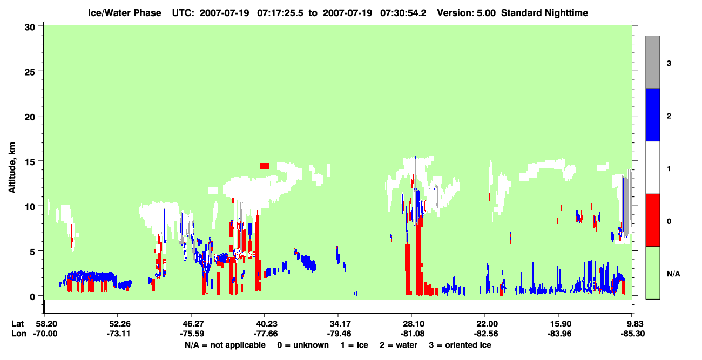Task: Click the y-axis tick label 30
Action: [30, 28]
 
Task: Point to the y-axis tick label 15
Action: [30, 162]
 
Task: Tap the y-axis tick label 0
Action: [32, 297]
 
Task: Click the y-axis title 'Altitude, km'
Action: [12, 168]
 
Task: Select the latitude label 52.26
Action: [118, 324]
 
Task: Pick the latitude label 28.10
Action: [412, 324]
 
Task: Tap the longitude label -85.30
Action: [633, 334]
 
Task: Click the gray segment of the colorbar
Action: [652, 62]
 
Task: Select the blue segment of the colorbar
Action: [652, 114]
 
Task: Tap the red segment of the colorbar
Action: [652, 220]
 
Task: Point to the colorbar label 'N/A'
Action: [673, 274]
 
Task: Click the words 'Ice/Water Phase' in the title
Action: [124, 13]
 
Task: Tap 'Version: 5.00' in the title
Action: [467, 13]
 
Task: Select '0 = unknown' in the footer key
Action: [303, 345]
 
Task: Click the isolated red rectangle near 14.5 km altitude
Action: [265, 166]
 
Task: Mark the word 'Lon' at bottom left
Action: [19, 334]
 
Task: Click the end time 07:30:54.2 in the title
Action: [403, 13]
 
